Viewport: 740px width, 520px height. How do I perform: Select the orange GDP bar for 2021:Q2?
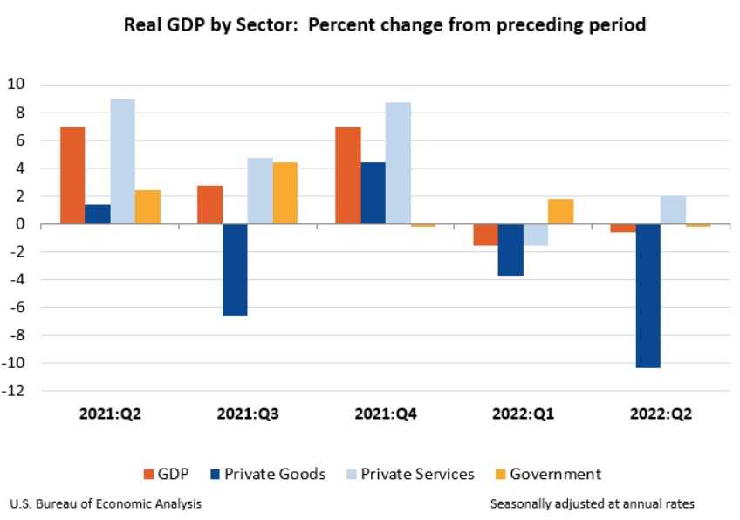[72, 175]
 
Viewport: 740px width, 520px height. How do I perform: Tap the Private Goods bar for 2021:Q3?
[235, 270]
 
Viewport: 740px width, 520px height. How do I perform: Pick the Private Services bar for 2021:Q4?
[398, 163]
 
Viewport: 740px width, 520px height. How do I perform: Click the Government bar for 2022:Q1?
[560, 212]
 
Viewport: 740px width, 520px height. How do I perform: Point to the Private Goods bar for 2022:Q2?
[647, 296]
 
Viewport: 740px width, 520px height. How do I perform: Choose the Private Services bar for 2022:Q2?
[673, 210]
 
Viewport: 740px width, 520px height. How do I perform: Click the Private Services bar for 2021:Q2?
[123, 161]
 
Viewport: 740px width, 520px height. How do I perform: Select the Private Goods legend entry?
[267, 475]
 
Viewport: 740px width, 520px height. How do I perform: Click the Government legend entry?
[546, 475]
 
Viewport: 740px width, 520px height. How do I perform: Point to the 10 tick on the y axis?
[16, 85]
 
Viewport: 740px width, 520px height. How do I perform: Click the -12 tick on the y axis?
[14, 391]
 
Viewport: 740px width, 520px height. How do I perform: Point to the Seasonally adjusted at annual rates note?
[593, 503]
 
